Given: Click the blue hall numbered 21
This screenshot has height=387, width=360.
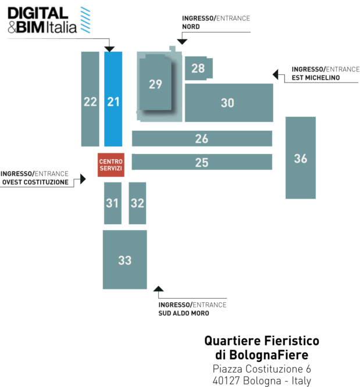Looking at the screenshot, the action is [x=113, y=99].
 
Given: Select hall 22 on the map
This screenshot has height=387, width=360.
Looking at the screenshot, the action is [x=90, y=99].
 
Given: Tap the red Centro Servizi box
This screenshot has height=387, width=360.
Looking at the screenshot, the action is [x=111, y=165].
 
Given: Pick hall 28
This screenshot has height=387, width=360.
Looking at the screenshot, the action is [x=199, y=68].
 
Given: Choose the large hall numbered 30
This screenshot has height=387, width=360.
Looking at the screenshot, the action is [x=229, y=103].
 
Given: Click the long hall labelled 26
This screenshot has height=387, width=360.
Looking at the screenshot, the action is [x=202, y=138].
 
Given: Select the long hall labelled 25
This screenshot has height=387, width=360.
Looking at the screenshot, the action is [x=202, y=162].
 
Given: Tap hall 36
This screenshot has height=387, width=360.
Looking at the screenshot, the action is [x=301, y=157].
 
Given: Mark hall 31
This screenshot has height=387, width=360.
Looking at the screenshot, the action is [x=113, y=203].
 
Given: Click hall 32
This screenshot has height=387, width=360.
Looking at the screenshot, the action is [x=137, y=203].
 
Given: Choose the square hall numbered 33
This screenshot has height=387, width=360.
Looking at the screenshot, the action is [x=125, y=260].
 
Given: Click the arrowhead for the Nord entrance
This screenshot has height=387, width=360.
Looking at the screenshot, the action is [x=182, y=42].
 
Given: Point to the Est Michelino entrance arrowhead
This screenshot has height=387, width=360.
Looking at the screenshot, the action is [x=275, y=74].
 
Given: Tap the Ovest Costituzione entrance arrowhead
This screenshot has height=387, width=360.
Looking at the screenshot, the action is [x=83, y=179].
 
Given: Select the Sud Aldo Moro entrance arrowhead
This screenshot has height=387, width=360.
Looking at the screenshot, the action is [x=158, y=289].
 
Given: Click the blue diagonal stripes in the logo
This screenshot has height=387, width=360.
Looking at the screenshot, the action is [x=85, y=20].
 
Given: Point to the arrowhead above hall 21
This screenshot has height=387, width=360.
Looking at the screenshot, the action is [x=109, y=49].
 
